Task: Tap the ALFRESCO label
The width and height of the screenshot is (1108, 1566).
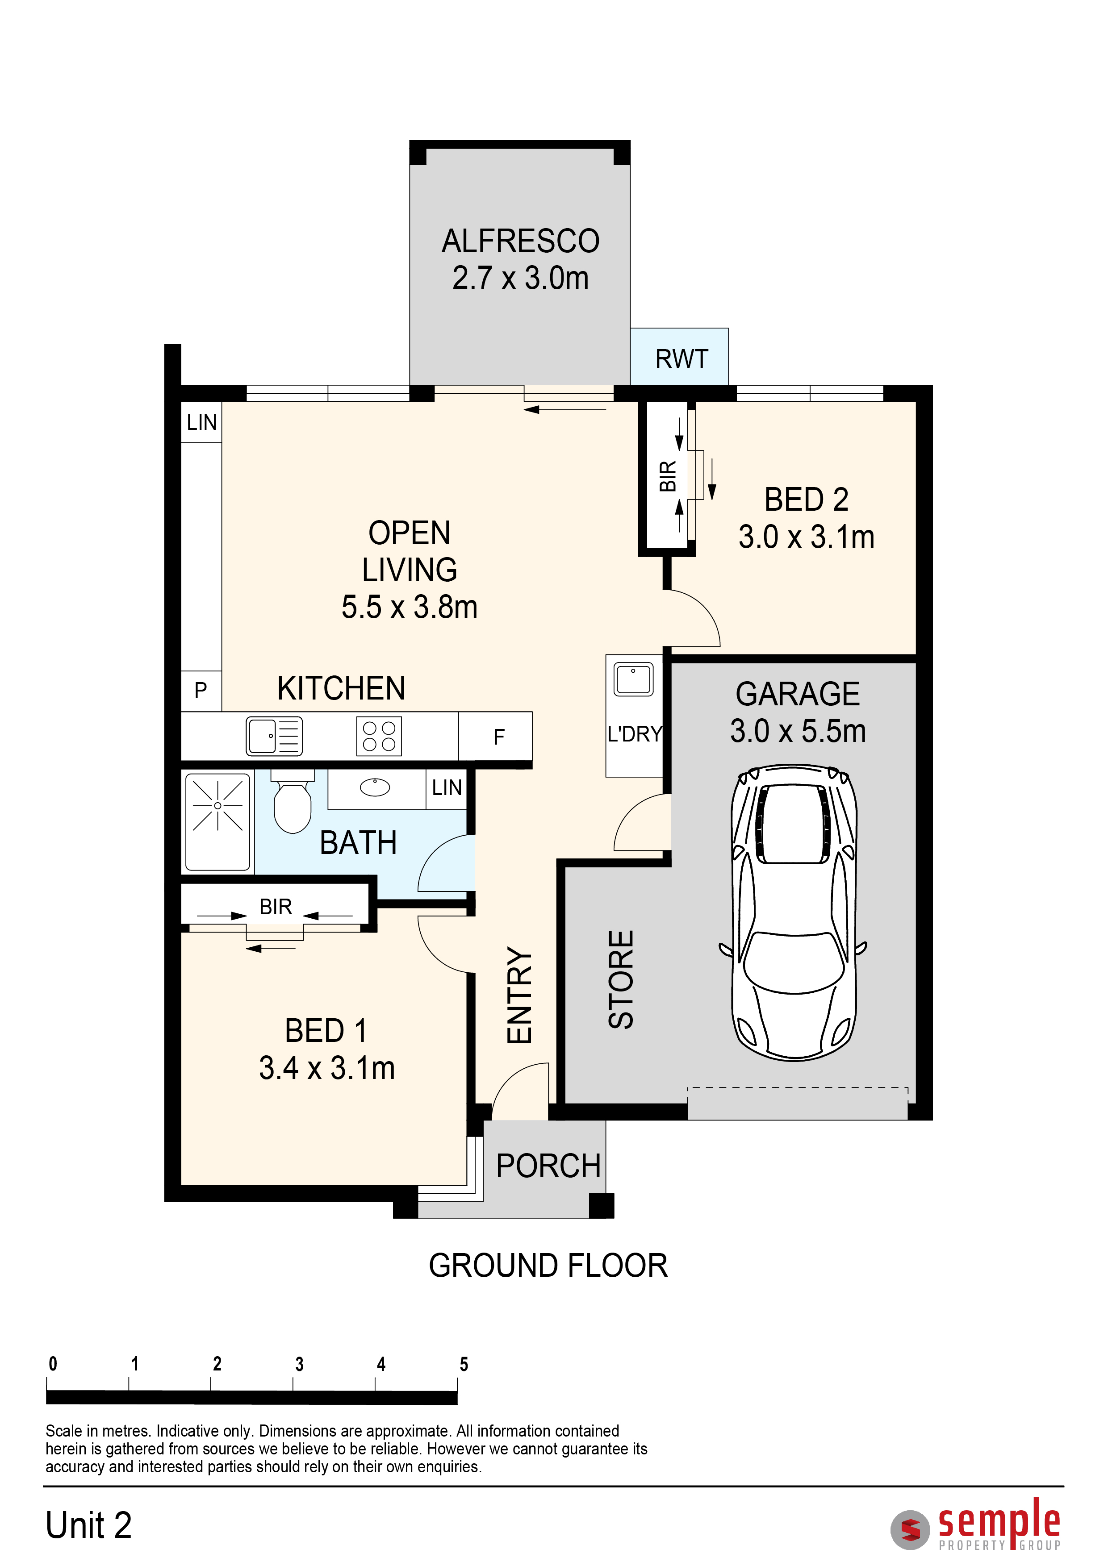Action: (521, 241)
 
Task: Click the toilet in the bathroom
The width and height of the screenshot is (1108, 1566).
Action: (293, 801)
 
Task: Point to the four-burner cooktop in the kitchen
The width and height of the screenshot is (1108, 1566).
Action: (379, 736)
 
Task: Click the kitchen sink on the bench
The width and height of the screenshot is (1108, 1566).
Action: (274, 736)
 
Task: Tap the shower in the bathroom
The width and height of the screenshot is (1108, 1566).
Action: (217, 822)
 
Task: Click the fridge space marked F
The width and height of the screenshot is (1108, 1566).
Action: (495, 736)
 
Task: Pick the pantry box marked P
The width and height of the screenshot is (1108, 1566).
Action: (201, 691)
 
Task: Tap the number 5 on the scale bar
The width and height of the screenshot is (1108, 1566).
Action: (464, 1364)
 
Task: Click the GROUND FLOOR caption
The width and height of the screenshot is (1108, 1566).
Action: (548, 1266)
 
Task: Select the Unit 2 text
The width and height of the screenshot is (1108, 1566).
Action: (89, 1526)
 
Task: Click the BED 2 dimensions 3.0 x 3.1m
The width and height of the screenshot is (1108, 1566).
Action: (807, 537)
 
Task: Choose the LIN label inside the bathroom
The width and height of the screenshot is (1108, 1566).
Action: (447, 788)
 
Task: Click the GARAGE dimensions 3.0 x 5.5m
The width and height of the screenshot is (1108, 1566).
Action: (798, 731)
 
